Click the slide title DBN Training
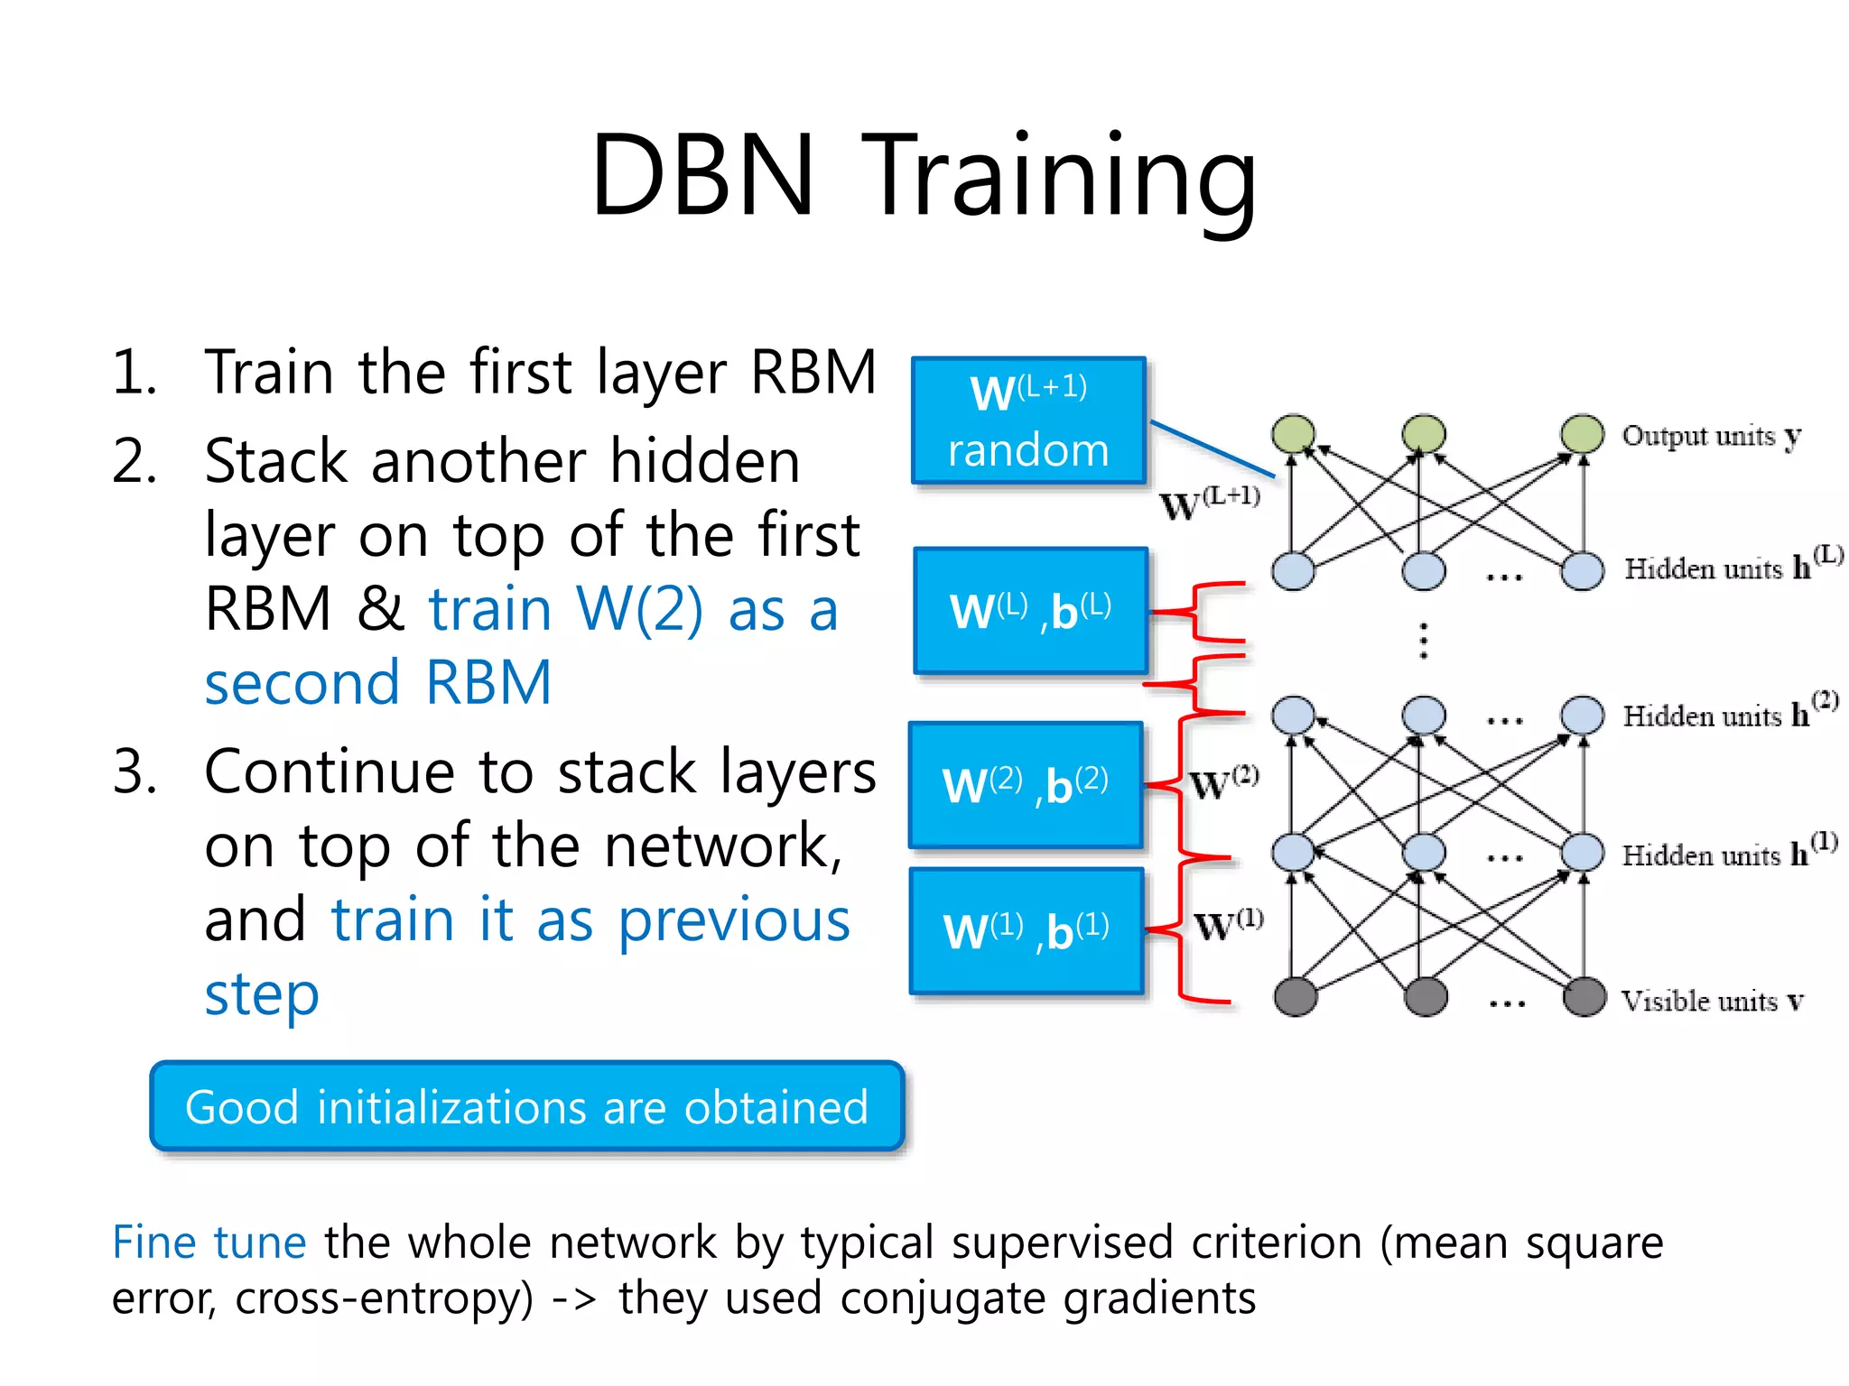(x=924, y=176)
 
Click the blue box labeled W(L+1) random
(x=1028, y=420)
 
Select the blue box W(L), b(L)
(x=1030, y=611)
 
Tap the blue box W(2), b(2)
(x=1026, y=785)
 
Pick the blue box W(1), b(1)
(x=1027, y=930)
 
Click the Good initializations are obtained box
(x=526, y=1106)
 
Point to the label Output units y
(x=1711, y=436)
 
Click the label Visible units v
(x=1711, y=1001)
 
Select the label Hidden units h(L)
(x=1732, y=566)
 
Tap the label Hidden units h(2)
(x=1729, y=713)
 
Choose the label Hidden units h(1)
(x=1728, y=852)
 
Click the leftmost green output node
(x=1293, y=434)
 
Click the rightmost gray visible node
(x=1584, y=997)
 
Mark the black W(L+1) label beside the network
(x=1209, y=504)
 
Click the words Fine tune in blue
(x=209, y=1243)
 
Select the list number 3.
(x=135, y=772)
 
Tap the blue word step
(x=262, y=994)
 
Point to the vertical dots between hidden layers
(x=1423, y=641)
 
